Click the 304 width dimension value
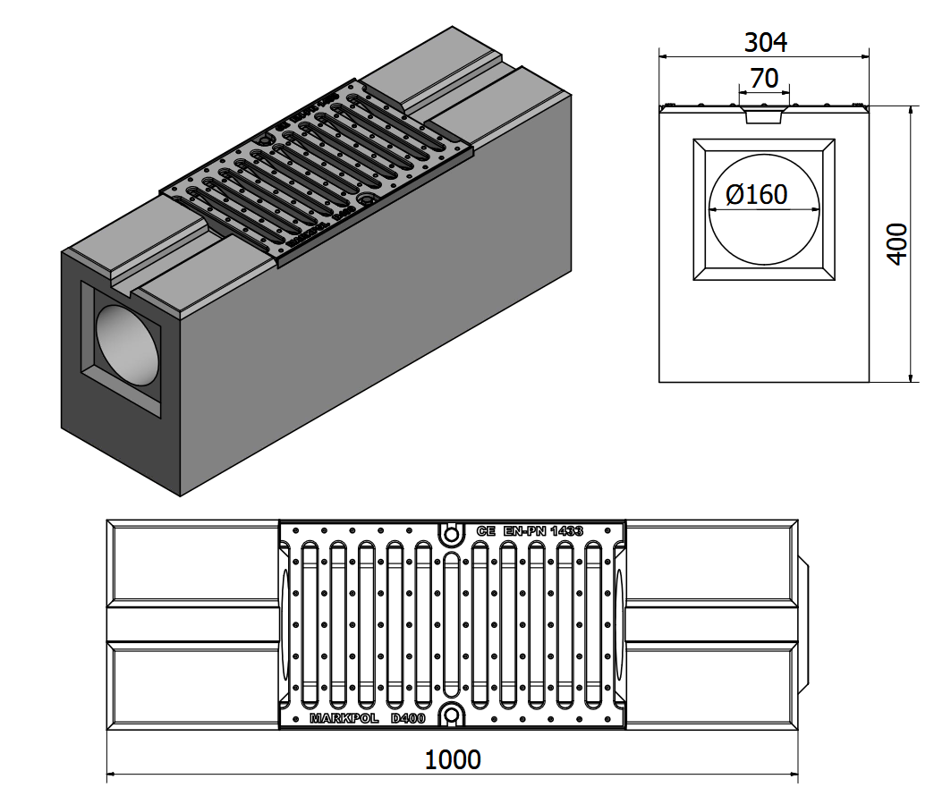(765, 42)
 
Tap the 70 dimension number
(764, 79)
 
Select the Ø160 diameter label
(757, 194)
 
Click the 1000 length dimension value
(452, 760)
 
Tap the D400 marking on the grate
(408, 718)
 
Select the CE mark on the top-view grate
(486, 530)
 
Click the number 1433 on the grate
(567, 530)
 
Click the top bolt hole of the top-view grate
(452, 533)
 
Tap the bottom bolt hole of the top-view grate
(452, 715)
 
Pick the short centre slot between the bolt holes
(452, 623)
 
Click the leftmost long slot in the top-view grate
(310, 623)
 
